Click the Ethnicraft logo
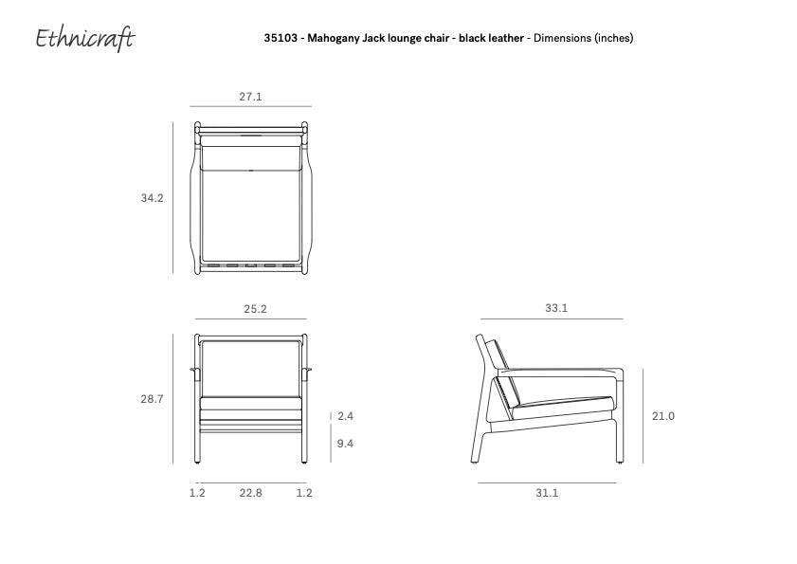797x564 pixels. [85, 38]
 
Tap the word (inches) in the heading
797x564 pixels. [613, 39]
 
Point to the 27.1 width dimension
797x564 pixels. [250, 97]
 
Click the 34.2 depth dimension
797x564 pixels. [153, 199]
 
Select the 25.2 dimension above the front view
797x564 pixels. [255, 309]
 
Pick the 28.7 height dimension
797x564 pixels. [153, 399]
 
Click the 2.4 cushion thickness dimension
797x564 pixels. [345, 415]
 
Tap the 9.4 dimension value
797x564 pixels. [345, 444]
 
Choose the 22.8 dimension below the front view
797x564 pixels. [251, 493]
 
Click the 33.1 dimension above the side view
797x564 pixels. [556, 309]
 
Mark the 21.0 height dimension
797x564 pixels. [663, 416]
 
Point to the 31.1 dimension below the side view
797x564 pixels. [547, 493]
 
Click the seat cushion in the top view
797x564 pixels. [251, 213]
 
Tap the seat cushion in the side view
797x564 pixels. [559, 391]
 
